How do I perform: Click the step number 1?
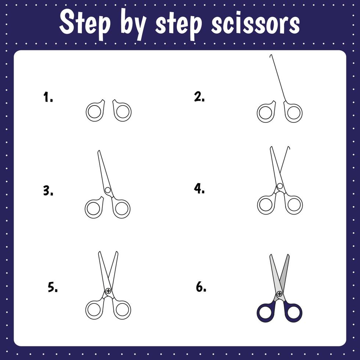[48, 98]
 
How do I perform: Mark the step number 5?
[53, 288]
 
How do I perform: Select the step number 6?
[201, 287]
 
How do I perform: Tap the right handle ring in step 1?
[122, 112]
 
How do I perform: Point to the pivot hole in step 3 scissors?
[108, 190]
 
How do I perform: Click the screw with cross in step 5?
[108, 291]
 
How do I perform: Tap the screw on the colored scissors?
[280, 294]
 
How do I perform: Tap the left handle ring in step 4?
[266, 205]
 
